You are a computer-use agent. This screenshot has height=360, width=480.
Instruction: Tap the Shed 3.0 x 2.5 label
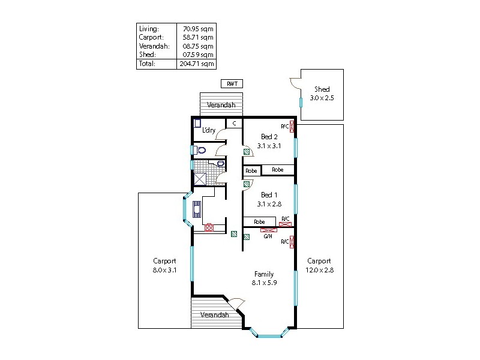[x=322, y=94]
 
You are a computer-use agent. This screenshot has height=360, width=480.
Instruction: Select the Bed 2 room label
[x=269, y=141]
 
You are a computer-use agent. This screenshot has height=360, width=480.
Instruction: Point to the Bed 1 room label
[x=269, y=199]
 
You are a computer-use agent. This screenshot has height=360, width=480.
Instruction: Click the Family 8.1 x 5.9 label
[x=263, y=278]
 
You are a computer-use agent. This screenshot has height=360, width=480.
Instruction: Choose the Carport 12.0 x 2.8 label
[x=319, y=265]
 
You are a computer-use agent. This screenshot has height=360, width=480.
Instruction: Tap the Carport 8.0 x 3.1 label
[x=164, y=265]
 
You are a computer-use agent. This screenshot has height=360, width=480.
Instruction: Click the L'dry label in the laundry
[x=209, y=130]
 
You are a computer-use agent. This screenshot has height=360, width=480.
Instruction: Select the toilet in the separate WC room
[x=200, y=150]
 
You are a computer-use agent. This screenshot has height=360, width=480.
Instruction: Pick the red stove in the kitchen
[x=209, y=227]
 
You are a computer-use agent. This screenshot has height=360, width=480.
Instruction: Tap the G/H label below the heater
[x=268, y=236]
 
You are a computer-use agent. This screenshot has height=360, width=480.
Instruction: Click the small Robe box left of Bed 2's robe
[x=251, y=170]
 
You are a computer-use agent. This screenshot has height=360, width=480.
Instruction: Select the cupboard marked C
[x=234, y=124]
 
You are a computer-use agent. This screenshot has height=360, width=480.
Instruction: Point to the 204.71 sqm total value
[x=197, y=63]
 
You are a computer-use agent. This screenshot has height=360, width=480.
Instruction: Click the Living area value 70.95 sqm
[x=197, y=28]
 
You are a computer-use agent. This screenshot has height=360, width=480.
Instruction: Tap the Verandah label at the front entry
[x=214, y=315]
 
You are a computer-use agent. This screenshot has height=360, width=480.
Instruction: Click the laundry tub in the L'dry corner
[x=197, y=124]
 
